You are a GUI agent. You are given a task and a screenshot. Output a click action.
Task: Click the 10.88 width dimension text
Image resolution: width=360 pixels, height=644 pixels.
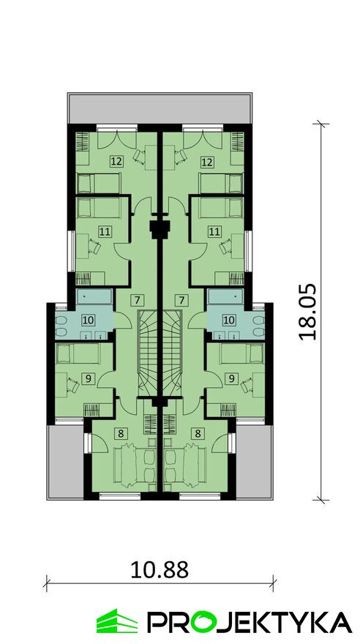160,569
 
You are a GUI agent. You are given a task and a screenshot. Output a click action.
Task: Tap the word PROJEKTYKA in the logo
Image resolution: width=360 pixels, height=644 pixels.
250,622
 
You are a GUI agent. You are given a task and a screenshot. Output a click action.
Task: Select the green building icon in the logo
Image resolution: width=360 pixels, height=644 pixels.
117,621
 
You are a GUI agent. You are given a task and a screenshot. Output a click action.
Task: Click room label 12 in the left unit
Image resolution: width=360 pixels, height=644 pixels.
116,162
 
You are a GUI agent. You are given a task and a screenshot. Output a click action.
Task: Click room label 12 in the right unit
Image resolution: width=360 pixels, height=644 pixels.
207,162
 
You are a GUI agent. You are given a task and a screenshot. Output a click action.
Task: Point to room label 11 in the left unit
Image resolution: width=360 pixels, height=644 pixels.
105,232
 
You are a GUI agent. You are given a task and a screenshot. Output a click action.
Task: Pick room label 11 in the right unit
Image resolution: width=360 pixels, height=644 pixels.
214,232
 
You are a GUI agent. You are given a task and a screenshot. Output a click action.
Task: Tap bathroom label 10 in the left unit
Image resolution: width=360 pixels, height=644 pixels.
88,319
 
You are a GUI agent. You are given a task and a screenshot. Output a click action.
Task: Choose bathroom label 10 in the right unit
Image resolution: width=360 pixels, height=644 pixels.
228,319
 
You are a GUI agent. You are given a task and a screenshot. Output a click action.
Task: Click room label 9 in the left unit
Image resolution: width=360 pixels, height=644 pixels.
88,378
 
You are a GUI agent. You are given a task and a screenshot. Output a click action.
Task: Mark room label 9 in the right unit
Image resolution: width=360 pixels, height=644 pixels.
231,378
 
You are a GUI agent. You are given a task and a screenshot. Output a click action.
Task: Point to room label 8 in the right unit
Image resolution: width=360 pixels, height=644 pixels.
198,433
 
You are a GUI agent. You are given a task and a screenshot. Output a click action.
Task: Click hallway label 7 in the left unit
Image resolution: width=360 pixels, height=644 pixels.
138,300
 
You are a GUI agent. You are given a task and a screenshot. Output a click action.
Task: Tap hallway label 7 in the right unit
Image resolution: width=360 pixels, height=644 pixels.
181,300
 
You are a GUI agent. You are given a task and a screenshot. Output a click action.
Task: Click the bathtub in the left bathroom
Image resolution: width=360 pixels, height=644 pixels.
94,296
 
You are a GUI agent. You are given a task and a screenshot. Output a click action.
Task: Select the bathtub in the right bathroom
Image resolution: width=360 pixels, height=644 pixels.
225,296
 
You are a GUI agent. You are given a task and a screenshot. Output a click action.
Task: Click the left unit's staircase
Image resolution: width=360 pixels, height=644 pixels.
147,353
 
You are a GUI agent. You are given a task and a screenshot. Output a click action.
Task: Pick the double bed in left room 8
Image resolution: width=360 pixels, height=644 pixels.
134,467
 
